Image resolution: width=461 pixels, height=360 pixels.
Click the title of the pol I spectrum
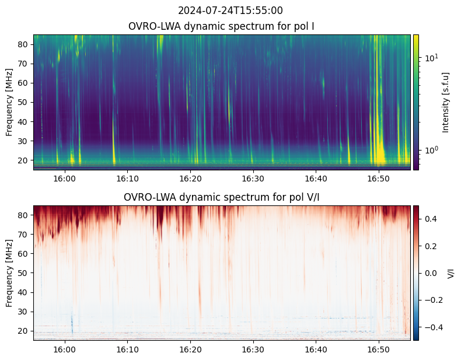click(222, 26)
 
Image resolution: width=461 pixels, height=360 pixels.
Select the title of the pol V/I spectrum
click(222, 197)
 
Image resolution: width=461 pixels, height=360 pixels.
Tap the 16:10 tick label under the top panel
click(127, 178)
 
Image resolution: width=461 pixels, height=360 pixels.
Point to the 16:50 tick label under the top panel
click(379, 178)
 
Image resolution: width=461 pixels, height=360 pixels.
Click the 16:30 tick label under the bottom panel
click(253, 349)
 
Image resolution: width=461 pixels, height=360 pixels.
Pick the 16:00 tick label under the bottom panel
click(64, 349)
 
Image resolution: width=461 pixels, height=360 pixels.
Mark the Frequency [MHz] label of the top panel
click(9, 102)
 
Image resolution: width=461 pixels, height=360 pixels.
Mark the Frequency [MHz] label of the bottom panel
click(9, 273)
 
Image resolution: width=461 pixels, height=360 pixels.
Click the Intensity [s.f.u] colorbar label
click(446, 102)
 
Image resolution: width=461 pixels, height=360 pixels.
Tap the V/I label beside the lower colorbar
click(450, 273)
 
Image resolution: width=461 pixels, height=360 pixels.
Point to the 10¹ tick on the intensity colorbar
click(431, 58)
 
